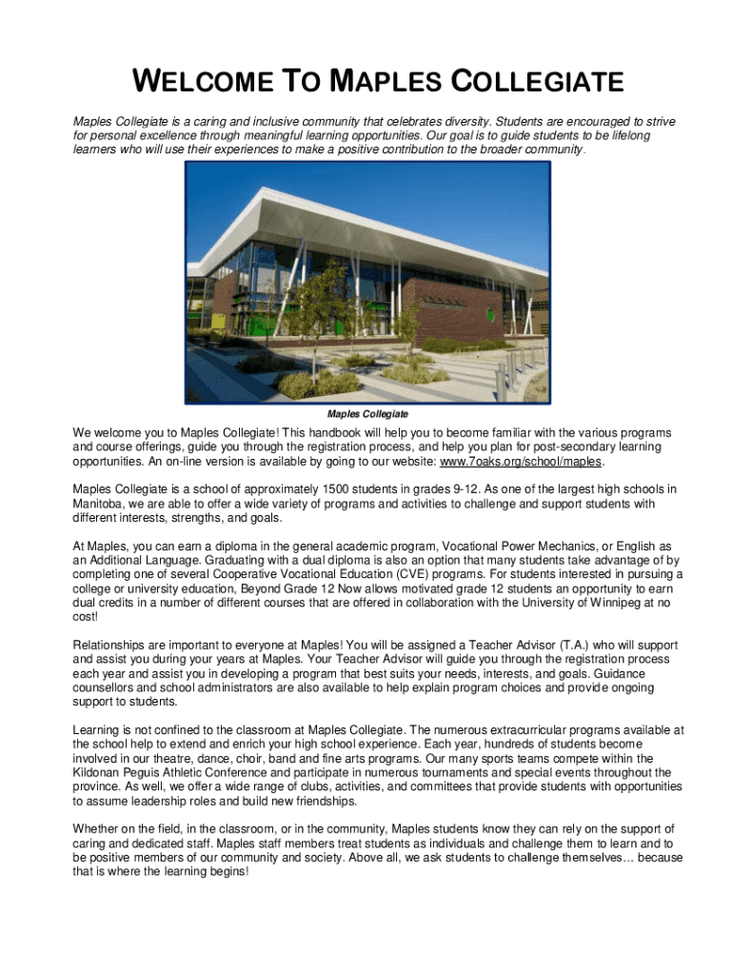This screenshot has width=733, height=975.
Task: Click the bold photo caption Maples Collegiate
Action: point(367,414)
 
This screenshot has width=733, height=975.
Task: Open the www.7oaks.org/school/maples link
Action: point(521,461)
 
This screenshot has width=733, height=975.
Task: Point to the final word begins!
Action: point(227,871)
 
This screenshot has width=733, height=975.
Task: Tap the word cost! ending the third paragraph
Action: point(89,616)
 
